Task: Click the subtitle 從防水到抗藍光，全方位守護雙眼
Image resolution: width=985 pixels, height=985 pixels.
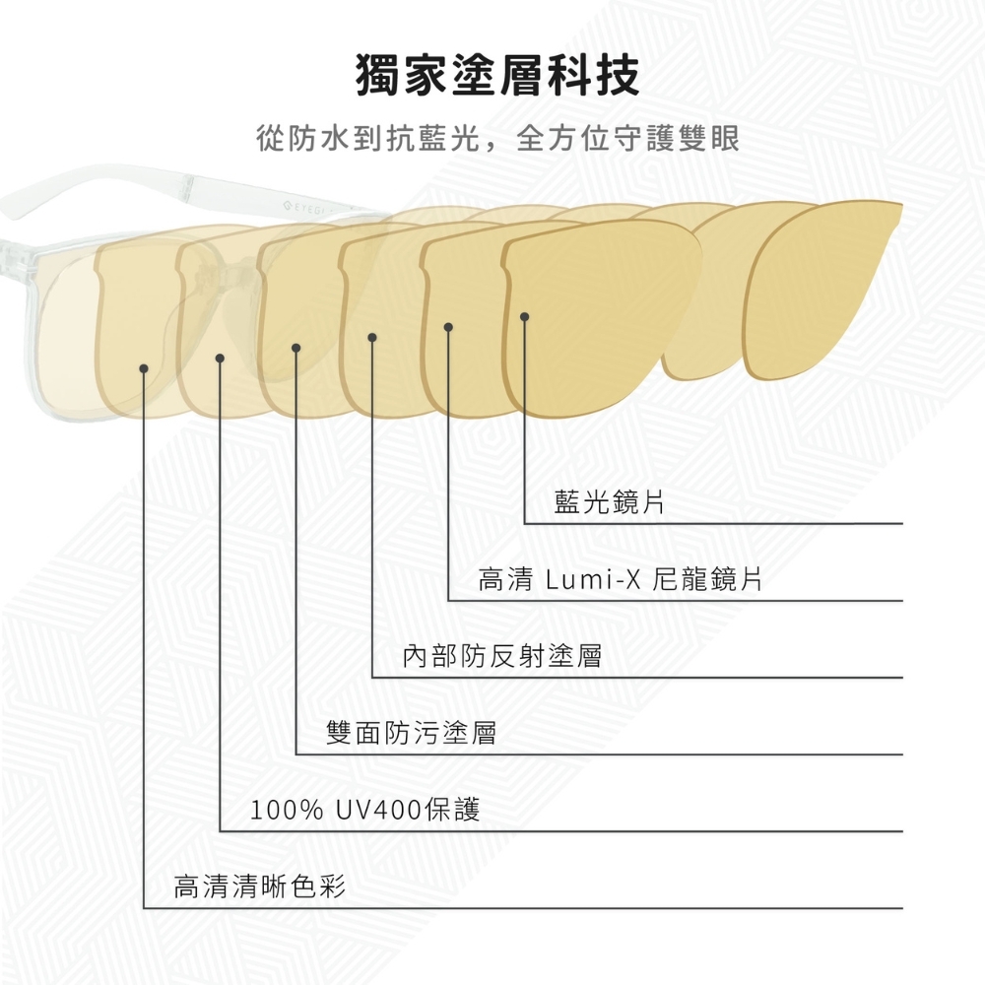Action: [497, 138]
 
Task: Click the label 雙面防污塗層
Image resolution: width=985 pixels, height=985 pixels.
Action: [412, 733]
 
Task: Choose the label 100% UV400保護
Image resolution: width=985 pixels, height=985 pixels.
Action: [365, 811]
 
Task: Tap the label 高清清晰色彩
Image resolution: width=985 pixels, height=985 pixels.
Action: [260, 887]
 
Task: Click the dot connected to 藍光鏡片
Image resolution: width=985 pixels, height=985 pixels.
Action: [525, 316]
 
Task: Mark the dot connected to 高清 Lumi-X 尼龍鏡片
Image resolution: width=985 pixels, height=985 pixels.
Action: [448, 326]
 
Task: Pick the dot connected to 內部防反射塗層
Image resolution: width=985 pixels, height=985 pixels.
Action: [372, 338]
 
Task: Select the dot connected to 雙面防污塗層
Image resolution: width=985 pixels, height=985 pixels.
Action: [296, 347]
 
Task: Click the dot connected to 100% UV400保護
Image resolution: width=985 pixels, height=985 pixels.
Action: [220, 358]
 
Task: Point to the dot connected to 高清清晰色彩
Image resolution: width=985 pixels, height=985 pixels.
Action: [144, 368]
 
